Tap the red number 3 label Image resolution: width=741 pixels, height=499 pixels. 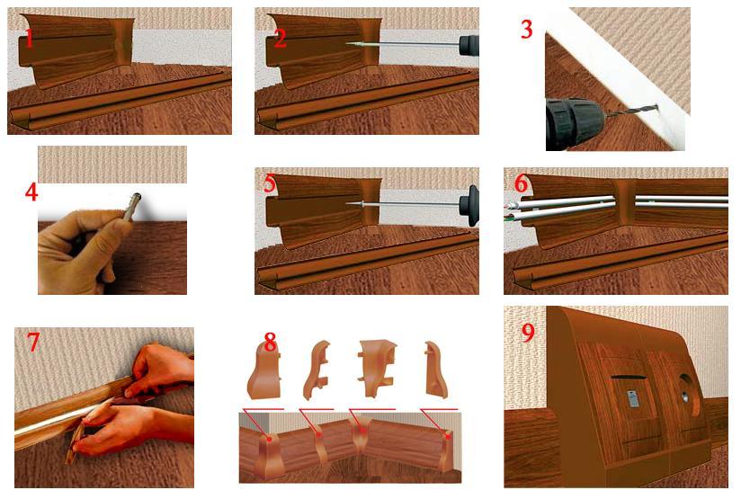tap(527, 29)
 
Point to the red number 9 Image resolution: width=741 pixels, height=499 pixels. tap(527, 332)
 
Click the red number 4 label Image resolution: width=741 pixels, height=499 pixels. tap(32, 192)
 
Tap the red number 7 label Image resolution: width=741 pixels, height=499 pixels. tap(33, 343)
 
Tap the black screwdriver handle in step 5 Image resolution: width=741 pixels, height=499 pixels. tap(469, 203)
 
